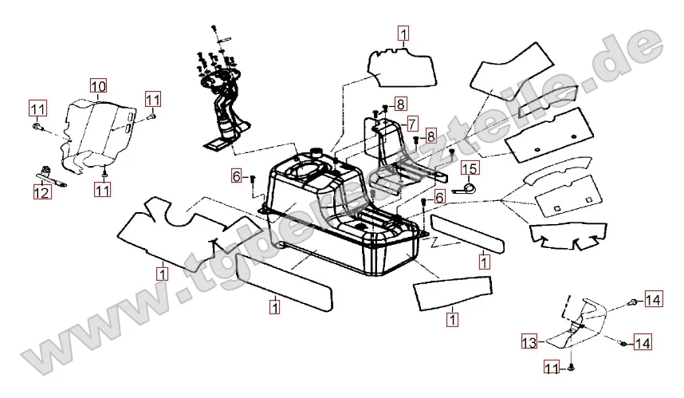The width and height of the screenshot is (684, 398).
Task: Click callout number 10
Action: click(97, 85)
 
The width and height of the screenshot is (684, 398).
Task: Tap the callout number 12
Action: click(40, 192)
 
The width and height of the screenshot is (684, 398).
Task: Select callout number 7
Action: click(411, 124)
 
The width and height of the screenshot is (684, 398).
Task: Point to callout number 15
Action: click(470, 168)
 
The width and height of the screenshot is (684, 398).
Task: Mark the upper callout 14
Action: click(653, 300)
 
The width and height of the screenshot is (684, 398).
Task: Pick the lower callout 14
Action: click(643, 343)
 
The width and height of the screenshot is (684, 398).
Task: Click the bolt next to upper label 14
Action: click(634, 301)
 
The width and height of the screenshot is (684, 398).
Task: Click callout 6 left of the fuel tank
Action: click(238, 175)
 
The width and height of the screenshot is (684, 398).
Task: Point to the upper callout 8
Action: click(399, 104)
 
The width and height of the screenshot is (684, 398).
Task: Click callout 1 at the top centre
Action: click(403, 33)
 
